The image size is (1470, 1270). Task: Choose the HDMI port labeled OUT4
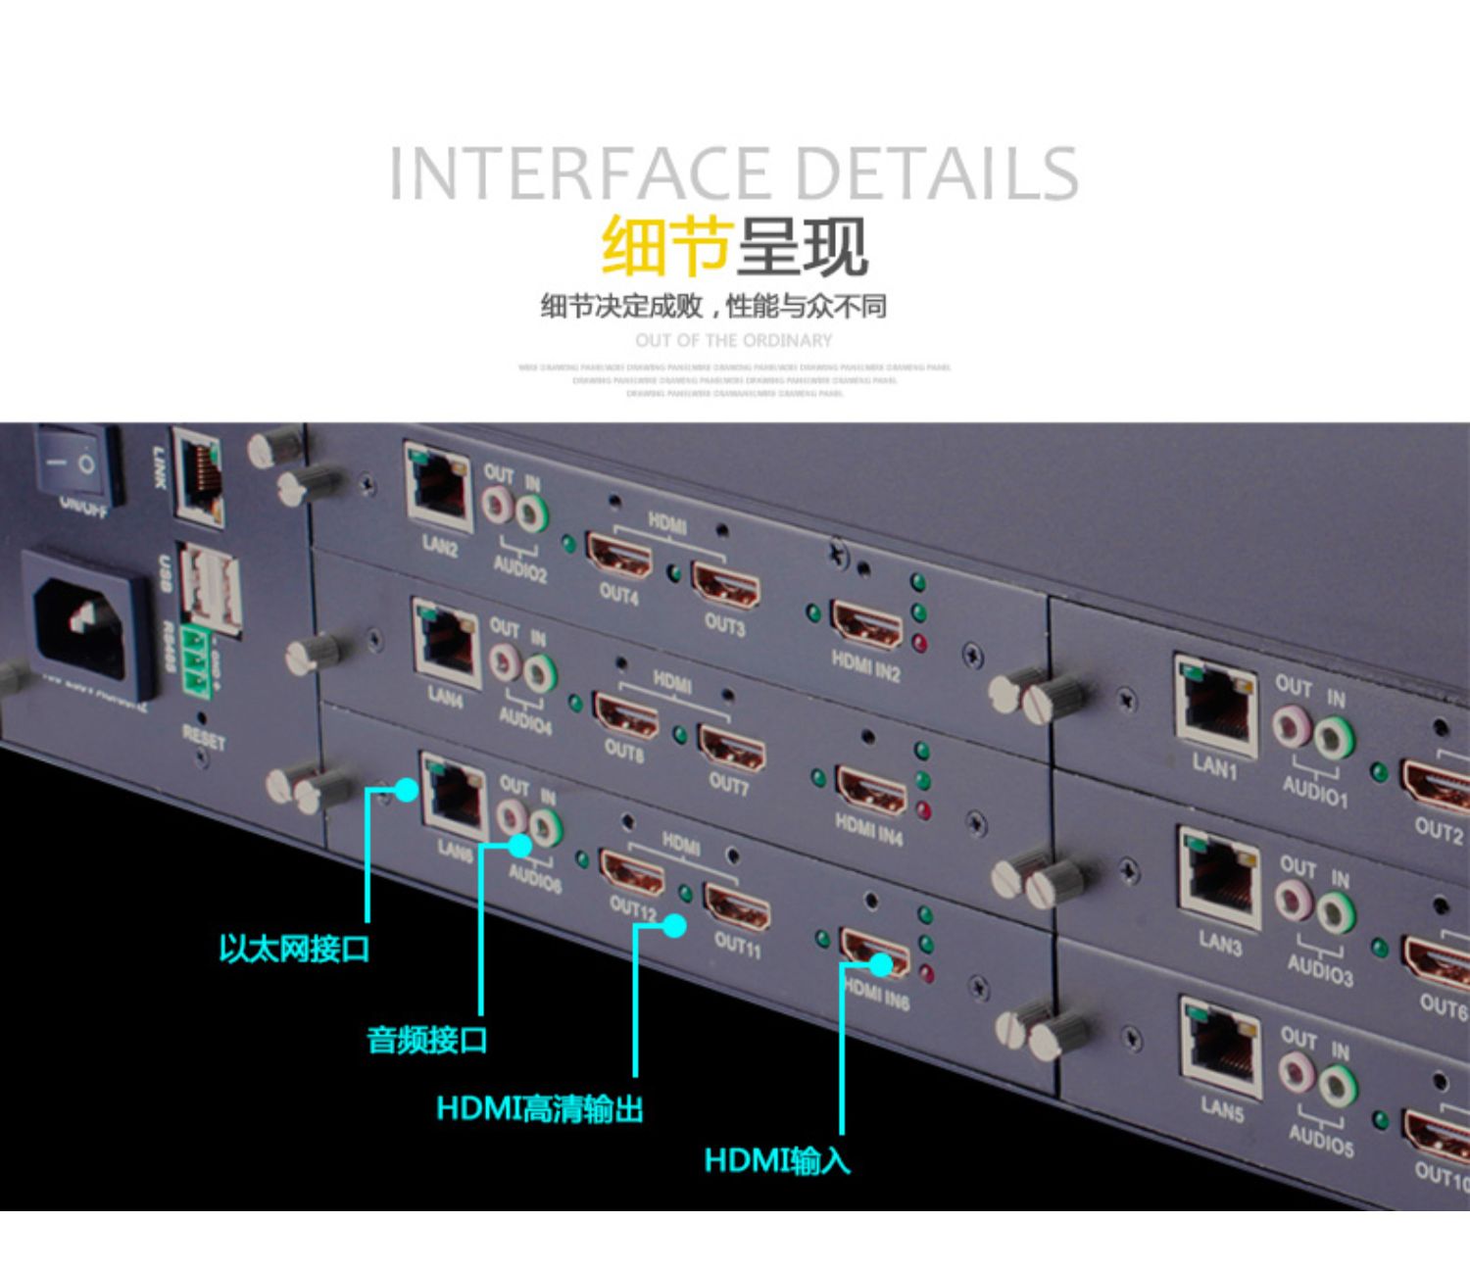[x=618, y=555]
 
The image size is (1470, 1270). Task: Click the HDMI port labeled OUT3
[x=726, y=586]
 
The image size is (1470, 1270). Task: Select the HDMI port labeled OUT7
[x=731, y=748]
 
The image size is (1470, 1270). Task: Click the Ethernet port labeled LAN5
[x=1220, y=1047]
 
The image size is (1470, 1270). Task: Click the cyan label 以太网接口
[x=293, y=949]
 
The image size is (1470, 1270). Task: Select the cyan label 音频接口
[x=426, y=1039]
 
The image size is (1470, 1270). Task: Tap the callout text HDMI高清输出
[x=539, y=1109]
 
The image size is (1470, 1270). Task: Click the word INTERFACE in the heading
[x=578, y=174]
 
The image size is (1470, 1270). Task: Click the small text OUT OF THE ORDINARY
[x=733, y=340]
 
